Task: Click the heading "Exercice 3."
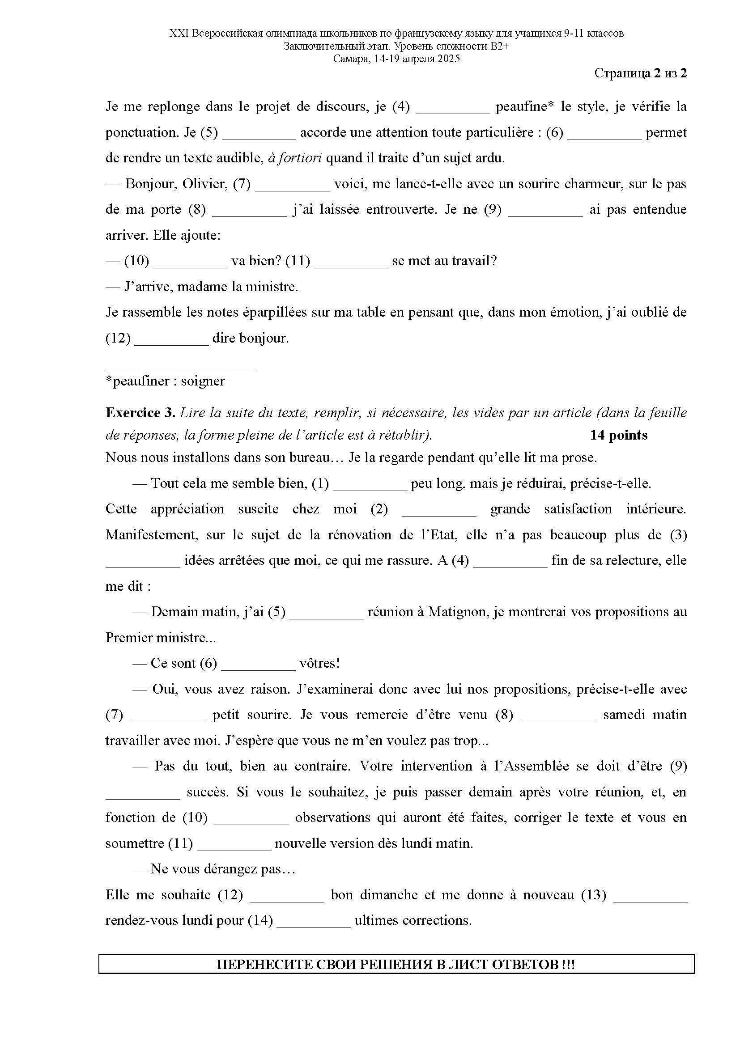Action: [x=140, y=413]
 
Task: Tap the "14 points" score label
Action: [x=618, y=435]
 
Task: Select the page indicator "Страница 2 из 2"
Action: [x=640, y=73]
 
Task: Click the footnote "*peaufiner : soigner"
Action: [x=165, y=381]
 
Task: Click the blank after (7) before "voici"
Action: [x=292, y=186]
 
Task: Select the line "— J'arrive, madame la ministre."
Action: [x=202, y=287]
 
